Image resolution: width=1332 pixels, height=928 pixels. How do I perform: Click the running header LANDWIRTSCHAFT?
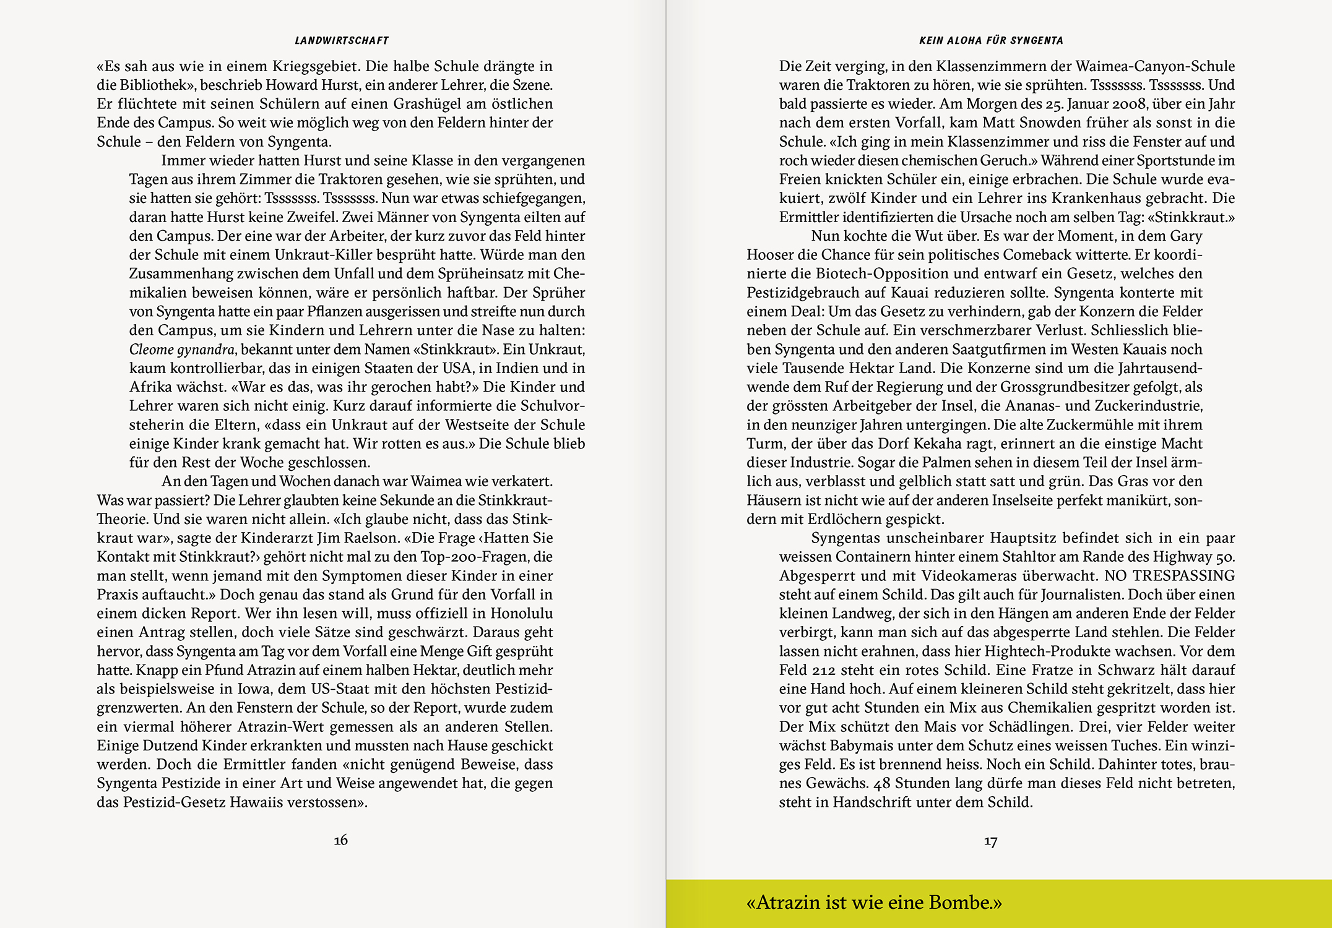(x=342, y=41)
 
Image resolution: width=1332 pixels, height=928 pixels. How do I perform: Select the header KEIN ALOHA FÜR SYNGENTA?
(x=991, y=41)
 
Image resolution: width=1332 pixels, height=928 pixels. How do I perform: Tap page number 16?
(x=340, y=840)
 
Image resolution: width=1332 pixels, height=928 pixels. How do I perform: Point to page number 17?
(x=990, y=841)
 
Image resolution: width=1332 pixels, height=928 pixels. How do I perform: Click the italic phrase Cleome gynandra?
(x=182, y=350)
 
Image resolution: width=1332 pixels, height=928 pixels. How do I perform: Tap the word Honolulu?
(x=521, y=614)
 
